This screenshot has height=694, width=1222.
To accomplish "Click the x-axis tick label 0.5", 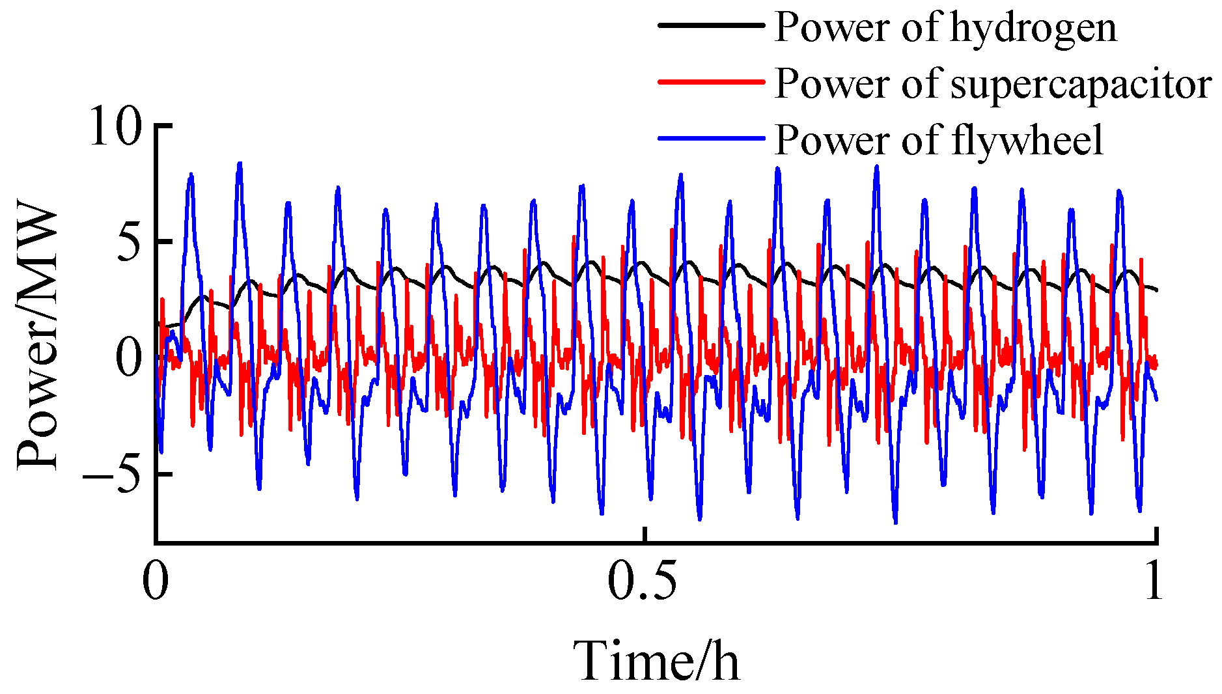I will pos(643,581).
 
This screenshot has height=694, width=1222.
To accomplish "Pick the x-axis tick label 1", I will pos(1154,581).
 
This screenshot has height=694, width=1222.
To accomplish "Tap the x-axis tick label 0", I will pos(156,581).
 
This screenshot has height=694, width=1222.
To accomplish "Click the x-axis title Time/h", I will pos(657,661).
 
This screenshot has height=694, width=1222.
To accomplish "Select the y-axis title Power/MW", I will pos(37,339).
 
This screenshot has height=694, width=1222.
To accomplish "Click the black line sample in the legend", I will pos(710,25).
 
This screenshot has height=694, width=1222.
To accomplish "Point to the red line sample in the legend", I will pos(710,82).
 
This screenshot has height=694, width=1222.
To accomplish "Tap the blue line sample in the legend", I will pos(710,139).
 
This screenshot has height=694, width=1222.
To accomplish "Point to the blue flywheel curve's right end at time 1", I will pos(1156,399).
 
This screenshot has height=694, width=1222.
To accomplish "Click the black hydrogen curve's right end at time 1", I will pos(1156,290).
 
